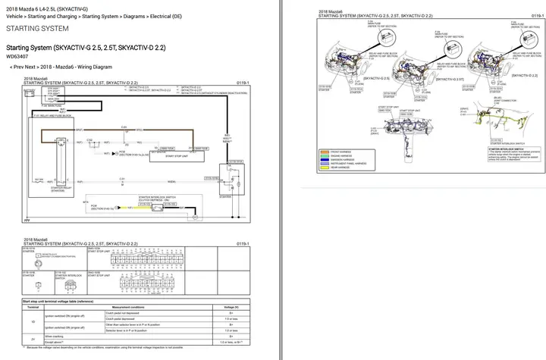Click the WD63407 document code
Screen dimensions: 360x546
pos(19,56)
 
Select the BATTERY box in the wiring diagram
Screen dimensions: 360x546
pos(30,92)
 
